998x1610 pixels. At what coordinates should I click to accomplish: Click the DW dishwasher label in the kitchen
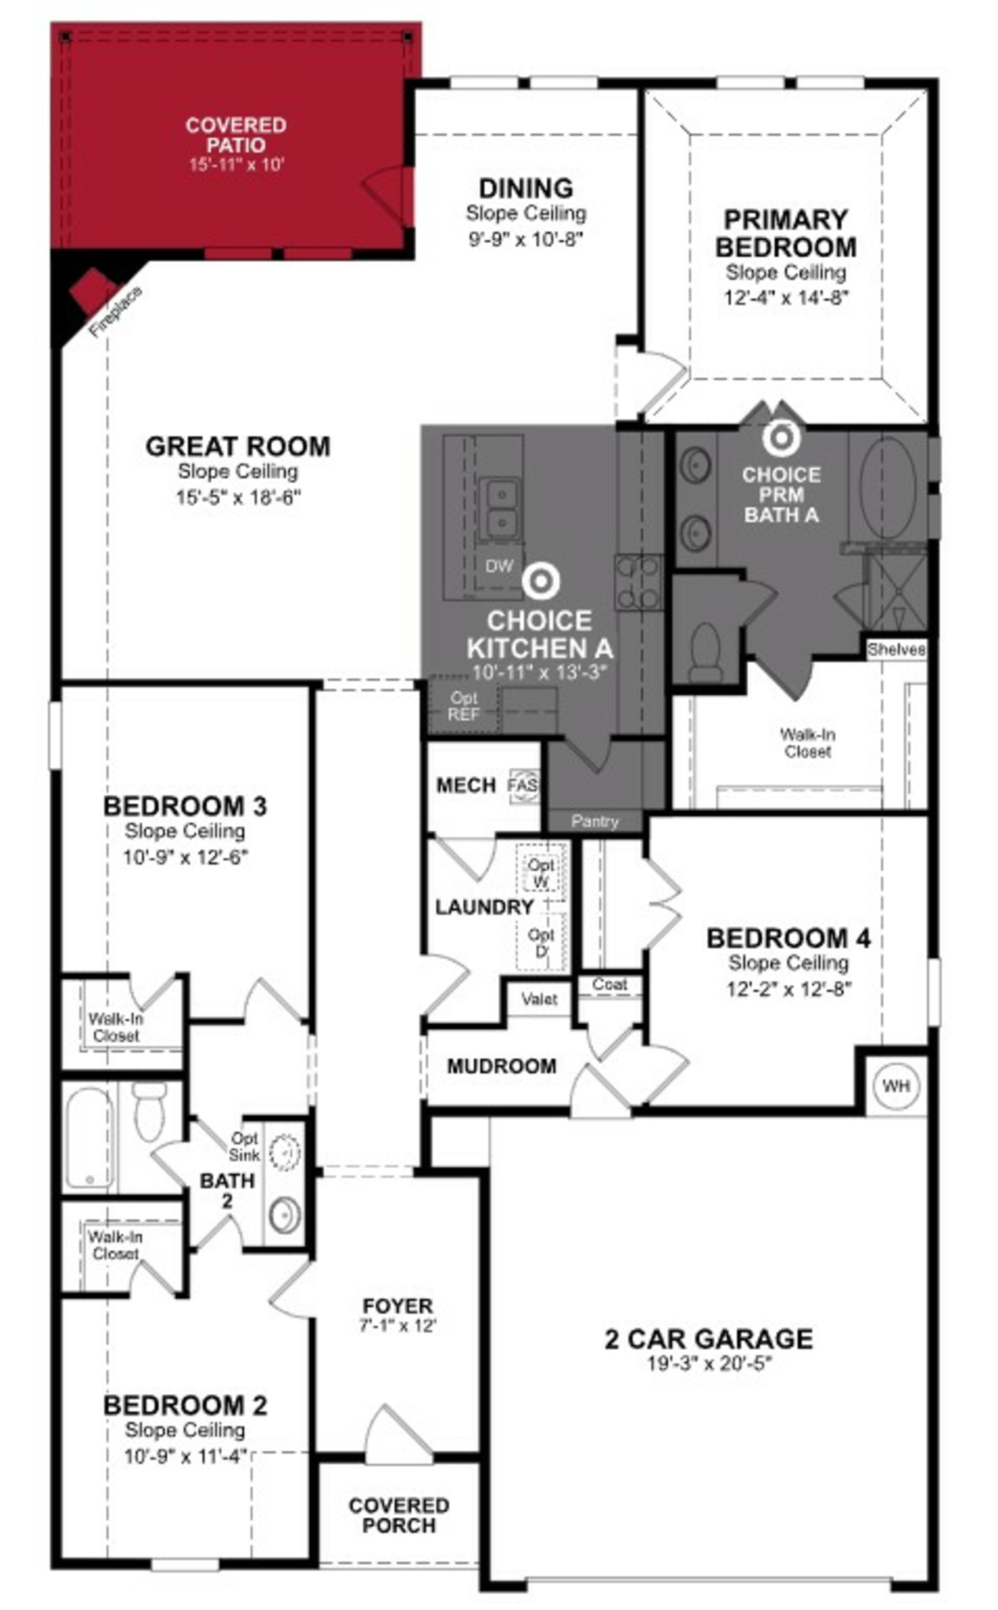(499, 566)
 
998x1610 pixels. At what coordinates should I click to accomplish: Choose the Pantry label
(595, 821)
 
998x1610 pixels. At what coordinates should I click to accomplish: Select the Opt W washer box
(541, 872)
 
